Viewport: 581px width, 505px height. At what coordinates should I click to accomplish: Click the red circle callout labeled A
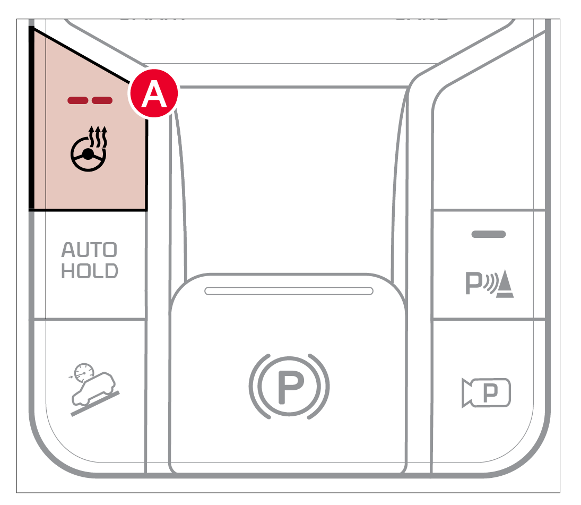[x=153, y=93]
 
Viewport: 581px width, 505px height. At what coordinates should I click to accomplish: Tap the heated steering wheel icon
[x=89, y=149]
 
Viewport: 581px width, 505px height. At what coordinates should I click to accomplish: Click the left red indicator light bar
[x=78, y=100]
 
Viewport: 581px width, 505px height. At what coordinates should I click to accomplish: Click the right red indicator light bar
[x=102, y=100]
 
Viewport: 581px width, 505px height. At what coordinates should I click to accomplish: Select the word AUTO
[x=89, y=250]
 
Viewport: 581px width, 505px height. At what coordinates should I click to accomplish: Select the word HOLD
[x=89, y=271]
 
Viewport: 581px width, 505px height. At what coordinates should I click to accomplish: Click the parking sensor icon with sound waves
[x=490, y=284]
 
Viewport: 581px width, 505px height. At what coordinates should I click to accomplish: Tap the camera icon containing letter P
[x=486, y=392]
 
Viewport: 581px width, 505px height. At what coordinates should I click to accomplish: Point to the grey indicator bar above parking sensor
[x=488, y=234]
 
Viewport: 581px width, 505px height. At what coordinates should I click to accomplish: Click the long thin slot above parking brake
[x=289, y=291]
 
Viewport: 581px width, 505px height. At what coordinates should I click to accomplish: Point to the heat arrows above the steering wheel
[x=98, y=136]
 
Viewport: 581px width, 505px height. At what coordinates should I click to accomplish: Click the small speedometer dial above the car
[x=84, y=372]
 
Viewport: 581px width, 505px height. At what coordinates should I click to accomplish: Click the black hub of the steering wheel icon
[x=88, y=154]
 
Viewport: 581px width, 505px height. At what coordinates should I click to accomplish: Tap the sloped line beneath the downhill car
[x=95, y=404]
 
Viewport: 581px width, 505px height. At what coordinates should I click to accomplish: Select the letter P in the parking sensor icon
[x=474, y=284]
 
